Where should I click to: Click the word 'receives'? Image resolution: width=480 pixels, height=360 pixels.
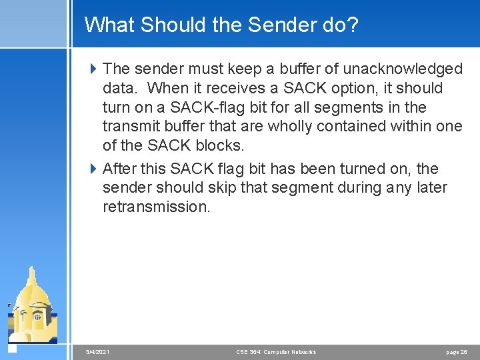(x=235, y=88)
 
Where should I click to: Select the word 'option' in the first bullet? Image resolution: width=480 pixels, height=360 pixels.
(x=355, y=88)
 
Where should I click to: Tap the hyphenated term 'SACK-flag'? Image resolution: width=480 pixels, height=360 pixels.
(x=204, y=107)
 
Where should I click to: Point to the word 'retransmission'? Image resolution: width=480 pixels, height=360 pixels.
(x=156, y=207)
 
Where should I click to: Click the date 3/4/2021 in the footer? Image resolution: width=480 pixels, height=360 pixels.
(x=99, y=351)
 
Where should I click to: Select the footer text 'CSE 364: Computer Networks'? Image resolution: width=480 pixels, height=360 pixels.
(x=276, y=351)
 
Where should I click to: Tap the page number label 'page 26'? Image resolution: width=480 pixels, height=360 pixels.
(x=457, y=351)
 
